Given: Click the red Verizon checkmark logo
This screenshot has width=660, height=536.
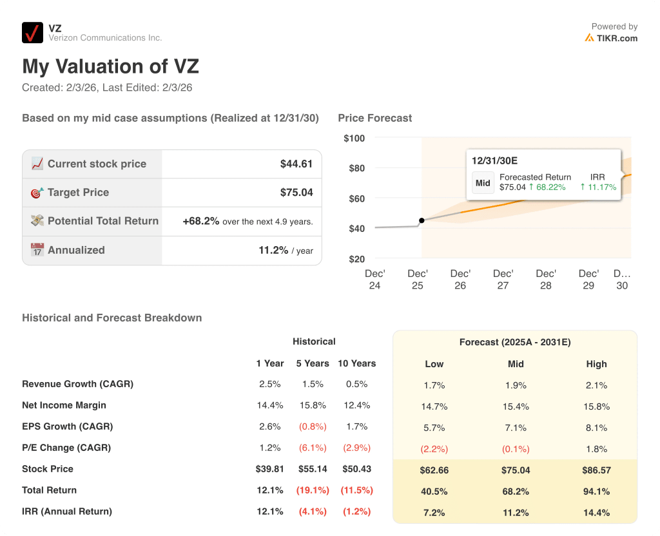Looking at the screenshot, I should coord(32,32).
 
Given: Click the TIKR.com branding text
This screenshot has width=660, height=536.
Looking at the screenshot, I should coord(616,38).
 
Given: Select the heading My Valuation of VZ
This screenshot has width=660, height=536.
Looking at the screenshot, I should coord(110,66).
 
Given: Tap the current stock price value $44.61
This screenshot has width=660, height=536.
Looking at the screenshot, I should coord(296,164).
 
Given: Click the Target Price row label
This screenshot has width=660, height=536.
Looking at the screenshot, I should coord(78,192).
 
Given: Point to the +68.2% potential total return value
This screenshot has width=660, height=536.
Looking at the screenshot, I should coord(200,221).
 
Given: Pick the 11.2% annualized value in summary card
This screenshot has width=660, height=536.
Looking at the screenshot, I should coord(273,250).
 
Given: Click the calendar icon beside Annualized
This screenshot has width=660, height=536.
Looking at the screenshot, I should coord(37,250).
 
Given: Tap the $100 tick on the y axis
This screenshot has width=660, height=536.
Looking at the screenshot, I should coord(354,138).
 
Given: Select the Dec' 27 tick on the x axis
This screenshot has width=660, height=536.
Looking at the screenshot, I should coord(503,279).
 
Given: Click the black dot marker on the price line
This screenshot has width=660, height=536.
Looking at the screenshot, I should coord(422,220).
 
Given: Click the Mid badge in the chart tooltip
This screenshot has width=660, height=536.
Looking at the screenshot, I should coord(483,182).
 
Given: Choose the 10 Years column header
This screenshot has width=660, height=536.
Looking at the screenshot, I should coord(356,363).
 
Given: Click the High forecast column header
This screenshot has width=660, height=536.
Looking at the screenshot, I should coord(596,364).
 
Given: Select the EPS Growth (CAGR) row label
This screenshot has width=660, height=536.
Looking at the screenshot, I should coord(67,426).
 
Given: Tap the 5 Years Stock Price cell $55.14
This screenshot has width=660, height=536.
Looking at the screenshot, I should coord(313,469).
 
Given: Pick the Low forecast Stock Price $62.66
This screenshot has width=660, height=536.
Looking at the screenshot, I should coord(434,470).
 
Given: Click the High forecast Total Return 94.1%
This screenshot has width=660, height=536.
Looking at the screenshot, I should coord(596,492).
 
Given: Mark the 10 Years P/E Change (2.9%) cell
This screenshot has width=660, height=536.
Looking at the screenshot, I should coord(356,448).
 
